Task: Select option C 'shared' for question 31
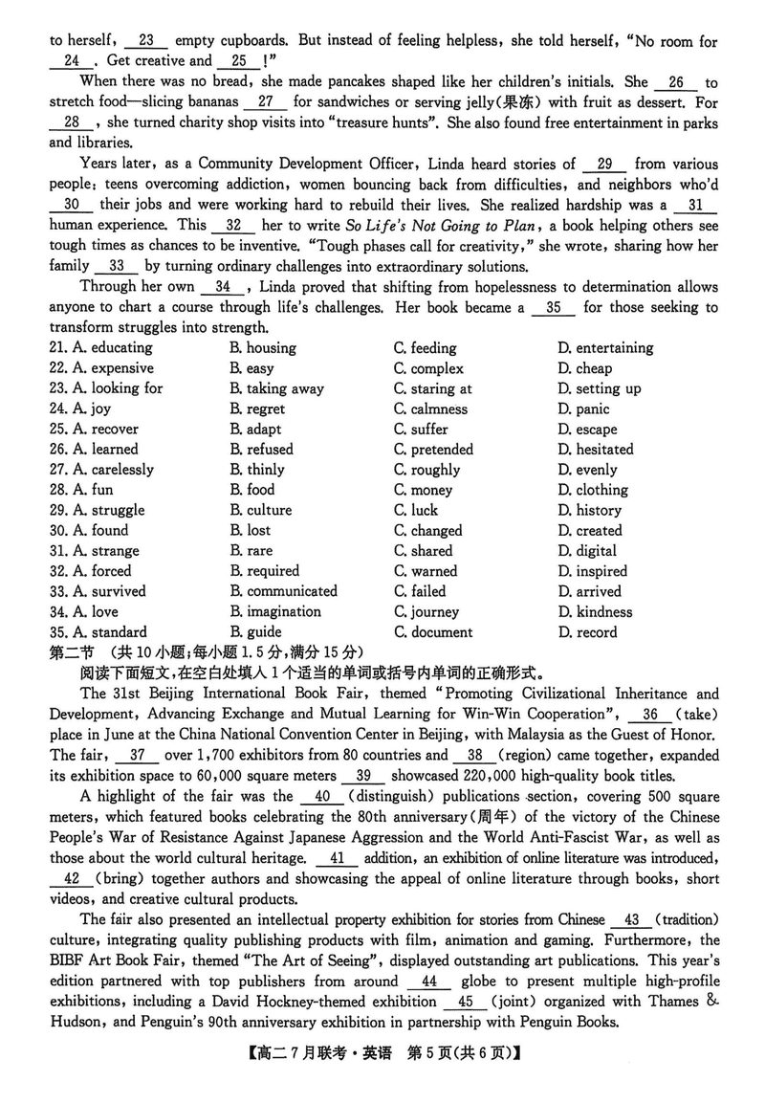[431, 551]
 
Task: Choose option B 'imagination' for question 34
[283, 611]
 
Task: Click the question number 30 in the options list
[57, 531]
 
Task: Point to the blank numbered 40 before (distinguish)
[321, 796]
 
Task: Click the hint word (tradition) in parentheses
[685, 920]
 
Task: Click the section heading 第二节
[69, 651]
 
